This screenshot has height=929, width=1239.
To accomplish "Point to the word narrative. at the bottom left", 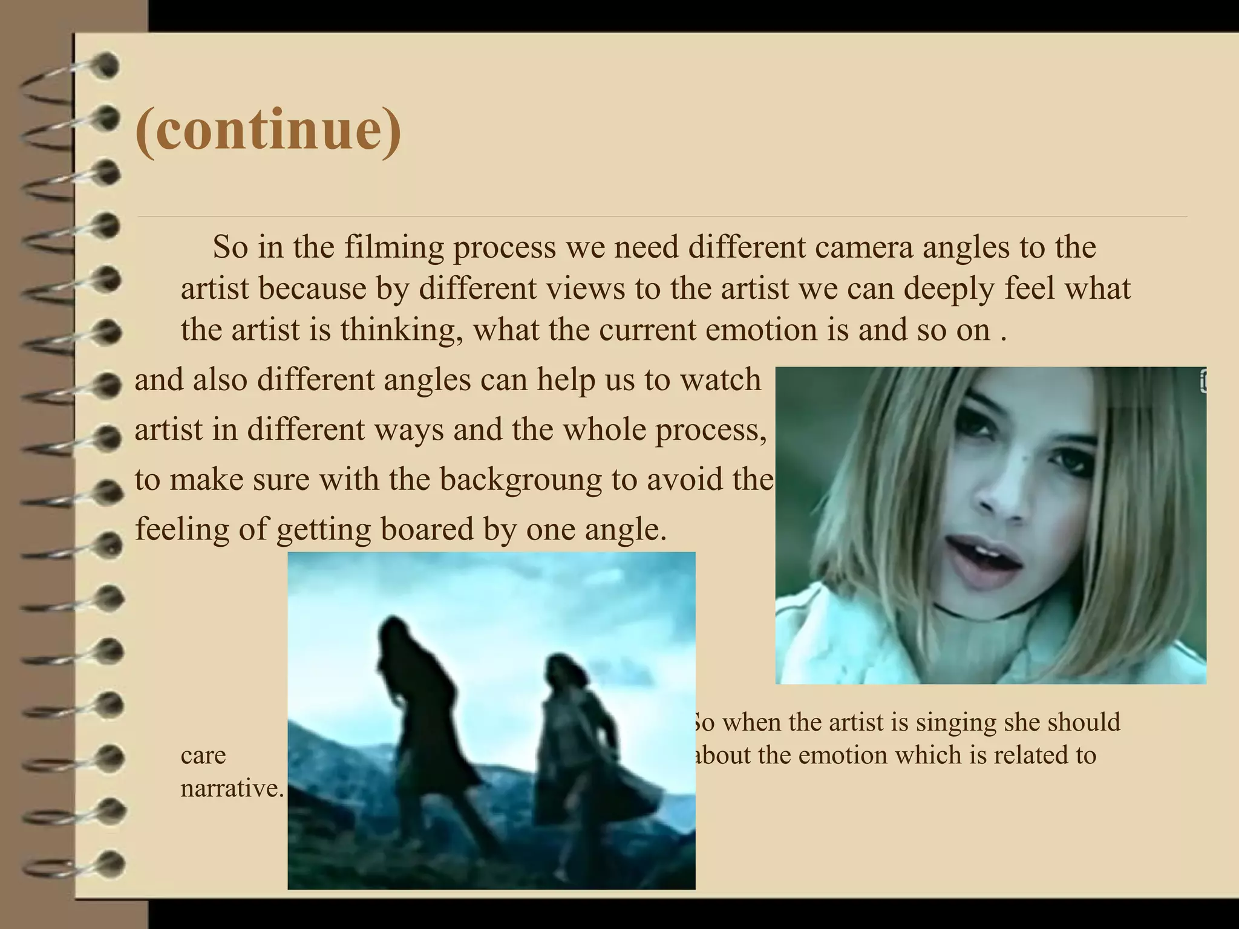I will (232, 789).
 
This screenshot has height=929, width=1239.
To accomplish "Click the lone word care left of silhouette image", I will (203, 755).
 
